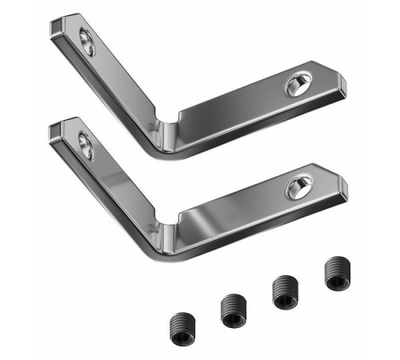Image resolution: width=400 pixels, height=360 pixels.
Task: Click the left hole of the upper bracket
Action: (86, 42)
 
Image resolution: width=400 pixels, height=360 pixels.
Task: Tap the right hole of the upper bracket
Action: (298, 85)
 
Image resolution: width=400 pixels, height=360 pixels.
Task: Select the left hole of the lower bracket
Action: (86, 145)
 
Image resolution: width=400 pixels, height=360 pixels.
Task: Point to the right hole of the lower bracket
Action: (297, 188)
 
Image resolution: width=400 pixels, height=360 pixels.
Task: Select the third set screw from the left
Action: (285, 292)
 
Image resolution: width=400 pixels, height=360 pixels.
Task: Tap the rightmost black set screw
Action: (336, 274)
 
